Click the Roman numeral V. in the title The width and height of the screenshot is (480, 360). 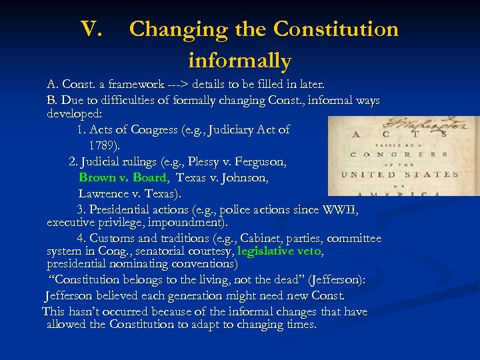[91, 29]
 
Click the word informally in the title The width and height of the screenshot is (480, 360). [240, 61]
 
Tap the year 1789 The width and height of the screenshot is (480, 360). [104, 145]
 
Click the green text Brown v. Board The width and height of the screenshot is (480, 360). [123, 177]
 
